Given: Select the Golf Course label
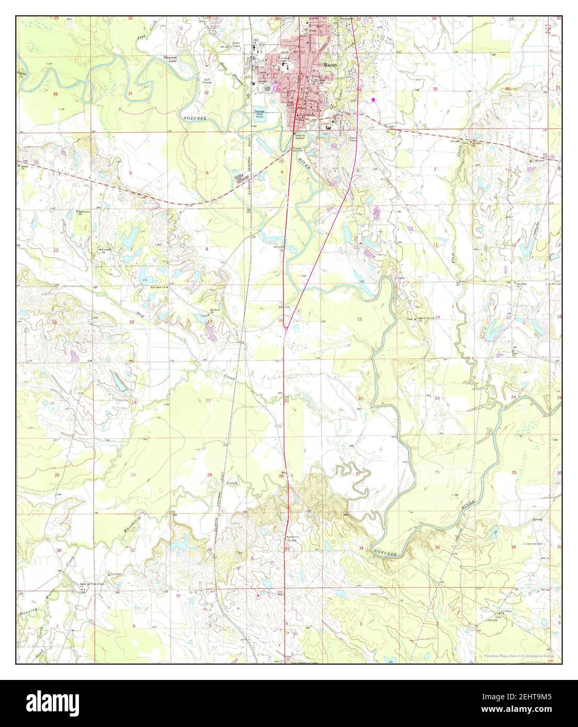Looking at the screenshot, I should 207,83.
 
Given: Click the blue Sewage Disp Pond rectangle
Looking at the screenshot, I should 258,117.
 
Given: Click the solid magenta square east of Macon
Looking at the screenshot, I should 373,98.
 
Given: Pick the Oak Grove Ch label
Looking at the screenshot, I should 81,213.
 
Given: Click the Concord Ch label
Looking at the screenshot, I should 108,250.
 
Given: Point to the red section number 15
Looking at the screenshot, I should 359,319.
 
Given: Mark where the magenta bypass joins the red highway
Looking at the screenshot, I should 285,327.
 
